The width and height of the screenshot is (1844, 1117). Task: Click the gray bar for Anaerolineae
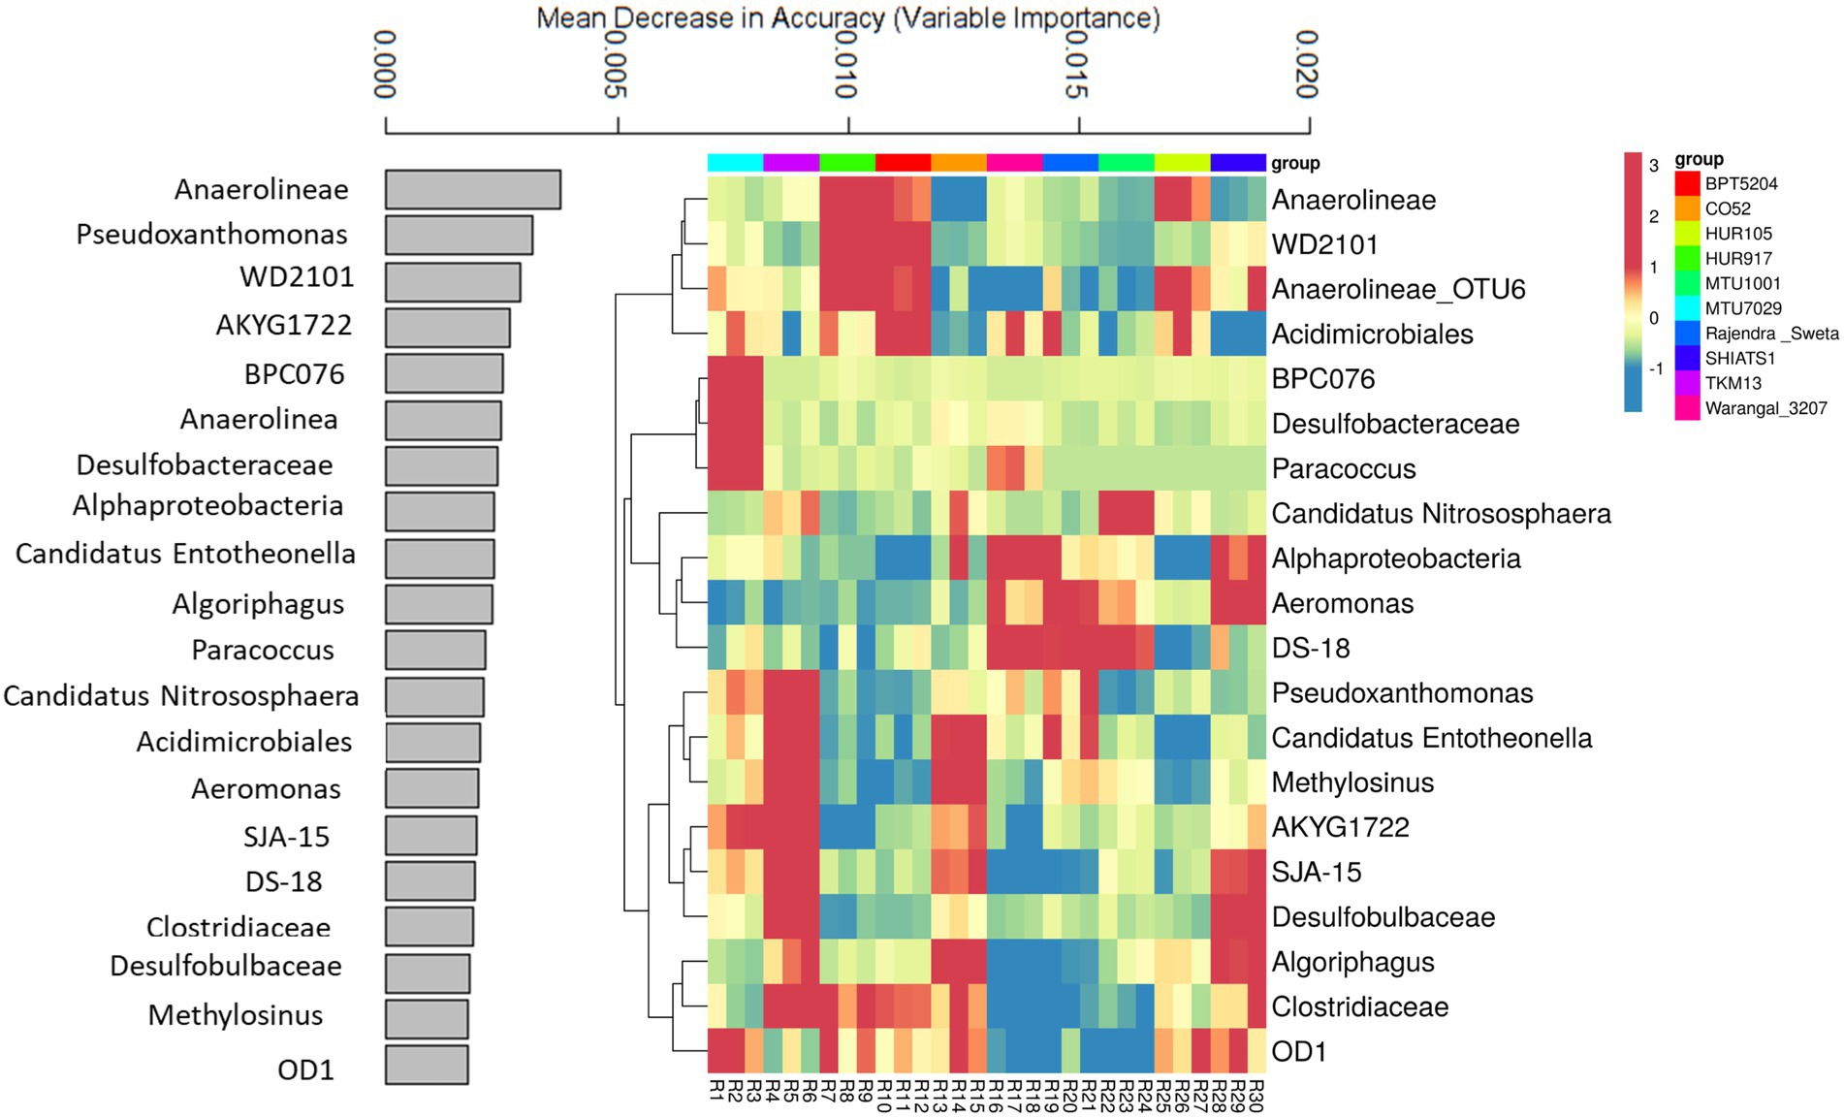[x=472, y=189]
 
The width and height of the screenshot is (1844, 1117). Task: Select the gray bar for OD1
[x=427, y=1065]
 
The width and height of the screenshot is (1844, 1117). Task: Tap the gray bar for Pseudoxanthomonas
[x=459, y=235]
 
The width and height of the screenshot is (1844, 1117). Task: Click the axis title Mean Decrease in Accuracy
[x=847, y=17]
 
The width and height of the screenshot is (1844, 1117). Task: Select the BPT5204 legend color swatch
[x=1687, y=183]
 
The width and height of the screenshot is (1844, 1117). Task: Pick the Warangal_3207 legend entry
[x=1765, y=408]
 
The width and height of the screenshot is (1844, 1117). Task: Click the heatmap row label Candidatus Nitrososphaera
[x=1441, y=514]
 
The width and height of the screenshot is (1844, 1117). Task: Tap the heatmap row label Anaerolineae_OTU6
[x=1398, y=289]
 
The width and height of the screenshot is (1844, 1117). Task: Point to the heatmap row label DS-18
[x=1311, y=648]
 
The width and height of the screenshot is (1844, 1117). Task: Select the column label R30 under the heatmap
[x=1256, y=1095]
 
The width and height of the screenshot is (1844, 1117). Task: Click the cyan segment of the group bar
[x=735, y=162]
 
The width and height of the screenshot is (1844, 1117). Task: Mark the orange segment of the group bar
[x=959, y=162]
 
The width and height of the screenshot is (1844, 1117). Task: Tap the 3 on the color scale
[x=1654, y=166]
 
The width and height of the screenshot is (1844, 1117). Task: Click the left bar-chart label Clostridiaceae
[x=238, y=927]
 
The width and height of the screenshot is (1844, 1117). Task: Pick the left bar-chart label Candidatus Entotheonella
[x=185, y=555]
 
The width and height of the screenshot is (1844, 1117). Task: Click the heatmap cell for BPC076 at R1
[x=716, y=379]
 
